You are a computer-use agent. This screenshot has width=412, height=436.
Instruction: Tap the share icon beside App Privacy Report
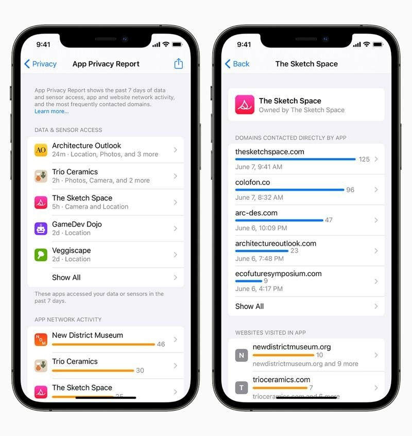point(178,63)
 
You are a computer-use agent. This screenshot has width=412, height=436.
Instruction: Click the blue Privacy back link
point(41,64)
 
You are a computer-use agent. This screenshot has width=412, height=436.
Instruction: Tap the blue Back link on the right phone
point(237,64)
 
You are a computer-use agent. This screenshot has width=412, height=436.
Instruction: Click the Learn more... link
point(51,111)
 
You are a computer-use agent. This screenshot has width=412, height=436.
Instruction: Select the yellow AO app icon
point(41,150)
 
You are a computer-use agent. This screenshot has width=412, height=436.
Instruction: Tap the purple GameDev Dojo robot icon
point(41,229)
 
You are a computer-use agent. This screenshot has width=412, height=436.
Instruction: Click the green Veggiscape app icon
point(41,255)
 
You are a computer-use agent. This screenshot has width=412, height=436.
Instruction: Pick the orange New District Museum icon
point(41,340)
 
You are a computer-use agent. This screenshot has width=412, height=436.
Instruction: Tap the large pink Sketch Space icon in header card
point(245,105)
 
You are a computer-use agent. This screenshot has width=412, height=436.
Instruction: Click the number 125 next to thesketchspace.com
point(364,159)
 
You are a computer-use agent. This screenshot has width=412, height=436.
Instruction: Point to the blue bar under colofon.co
point(289,190)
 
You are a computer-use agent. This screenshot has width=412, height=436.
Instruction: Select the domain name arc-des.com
point(256,213)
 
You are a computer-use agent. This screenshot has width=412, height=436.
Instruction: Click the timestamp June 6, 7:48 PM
point(259,259)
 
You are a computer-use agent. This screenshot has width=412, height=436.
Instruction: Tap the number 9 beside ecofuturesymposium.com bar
point(266,281)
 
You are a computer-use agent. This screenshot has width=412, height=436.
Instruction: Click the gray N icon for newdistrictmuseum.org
point(242,355)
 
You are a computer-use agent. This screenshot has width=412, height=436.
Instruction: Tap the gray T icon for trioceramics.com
point(242,388)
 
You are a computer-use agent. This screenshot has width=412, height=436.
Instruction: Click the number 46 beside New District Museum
point(161,344)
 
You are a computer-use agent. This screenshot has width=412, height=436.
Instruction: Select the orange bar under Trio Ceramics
point(93,371)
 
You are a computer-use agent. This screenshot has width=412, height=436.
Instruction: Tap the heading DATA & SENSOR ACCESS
point(68,130)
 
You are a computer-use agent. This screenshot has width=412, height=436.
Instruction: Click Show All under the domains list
point(249,306)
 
